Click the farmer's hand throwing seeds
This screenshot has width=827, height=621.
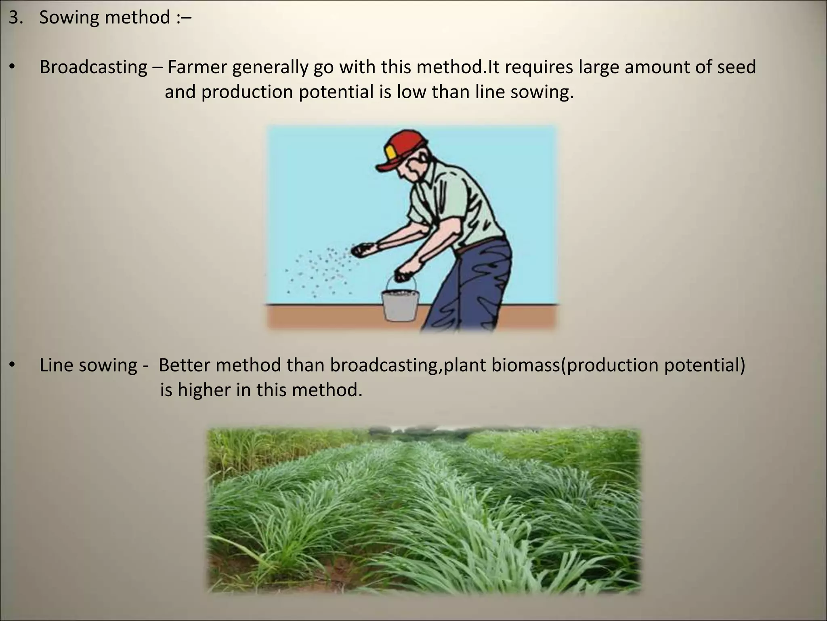pyautogui.click(x=363, y=250)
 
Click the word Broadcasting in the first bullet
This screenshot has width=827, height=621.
pyautogui.click(x=93, y=67)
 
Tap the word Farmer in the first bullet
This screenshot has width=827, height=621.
pyautogui.click(x=197, y=67)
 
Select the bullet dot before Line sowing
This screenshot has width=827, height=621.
pyautogui.click(x=12, y=365)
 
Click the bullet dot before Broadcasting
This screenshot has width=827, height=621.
pyautogui.click(x=12, y=68)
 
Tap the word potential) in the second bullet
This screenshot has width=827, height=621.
pyautogui.click(x=704, y=365)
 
